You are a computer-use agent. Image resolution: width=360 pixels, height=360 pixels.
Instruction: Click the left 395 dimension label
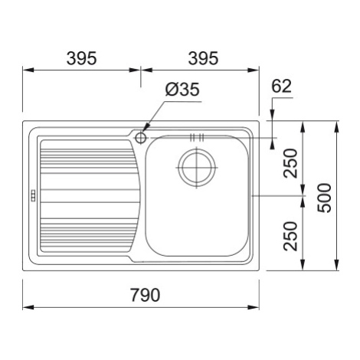click(x=81, y=58)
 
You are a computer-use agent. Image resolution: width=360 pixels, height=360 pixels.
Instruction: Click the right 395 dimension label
click(x=203, y=58)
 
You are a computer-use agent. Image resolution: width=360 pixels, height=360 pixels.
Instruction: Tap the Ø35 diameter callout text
click(x=182, y=90)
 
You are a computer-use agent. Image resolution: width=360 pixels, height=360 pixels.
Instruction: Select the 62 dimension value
click(x=281, y=86)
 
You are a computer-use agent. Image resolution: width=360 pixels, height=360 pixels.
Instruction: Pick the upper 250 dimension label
click(x=291, y=163)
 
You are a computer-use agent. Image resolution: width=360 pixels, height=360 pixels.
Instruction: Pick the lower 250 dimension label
click(x=291, y=236)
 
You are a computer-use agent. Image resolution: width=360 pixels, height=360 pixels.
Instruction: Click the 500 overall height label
click(x=324, y=198)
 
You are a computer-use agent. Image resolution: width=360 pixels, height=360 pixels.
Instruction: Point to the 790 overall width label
click(x=145, y=295)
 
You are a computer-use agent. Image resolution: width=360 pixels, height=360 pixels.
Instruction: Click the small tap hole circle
click(x=140, y=138)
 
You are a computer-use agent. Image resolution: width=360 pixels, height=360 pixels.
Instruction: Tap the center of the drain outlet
click(x=197, y=168)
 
